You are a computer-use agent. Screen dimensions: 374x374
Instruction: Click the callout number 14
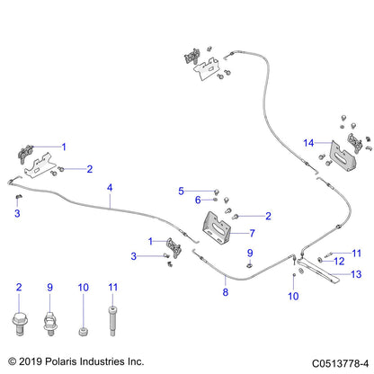click(x=308, y=143)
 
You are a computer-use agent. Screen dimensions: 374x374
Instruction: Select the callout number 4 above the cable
click(x=110, y=188)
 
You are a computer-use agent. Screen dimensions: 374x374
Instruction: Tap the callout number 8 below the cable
click(x=226, y=292)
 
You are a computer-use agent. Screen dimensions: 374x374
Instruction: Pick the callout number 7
click(x=252, y=233)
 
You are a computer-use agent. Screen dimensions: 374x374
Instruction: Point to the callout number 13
click(x=356, y=274)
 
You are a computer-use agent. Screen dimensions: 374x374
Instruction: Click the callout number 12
click(x=339, y=262)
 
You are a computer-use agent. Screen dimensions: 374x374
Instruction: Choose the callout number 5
click(x=181, y=191)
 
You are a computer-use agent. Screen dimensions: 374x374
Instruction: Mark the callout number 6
click(x=198, y=200)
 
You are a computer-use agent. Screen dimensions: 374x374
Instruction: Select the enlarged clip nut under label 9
click(x=50, y=323)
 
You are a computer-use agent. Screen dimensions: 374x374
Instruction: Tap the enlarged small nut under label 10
click(x=83, y=332)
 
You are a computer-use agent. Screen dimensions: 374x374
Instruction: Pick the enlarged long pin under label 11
click(x=112, y=321)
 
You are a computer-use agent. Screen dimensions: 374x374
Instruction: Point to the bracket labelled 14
click(x=343, y=156)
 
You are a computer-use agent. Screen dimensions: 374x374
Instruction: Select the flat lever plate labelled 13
click(x=317, y=272)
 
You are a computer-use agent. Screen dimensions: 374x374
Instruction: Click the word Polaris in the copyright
click(x=59, y=361)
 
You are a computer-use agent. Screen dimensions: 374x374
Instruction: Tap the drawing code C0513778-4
click(x=340, y=363)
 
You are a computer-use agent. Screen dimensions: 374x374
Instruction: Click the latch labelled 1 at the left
click(x=26, y=154)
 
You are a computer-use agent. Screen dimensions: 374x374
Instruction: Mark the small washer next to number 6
click(x=216, y=200)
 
